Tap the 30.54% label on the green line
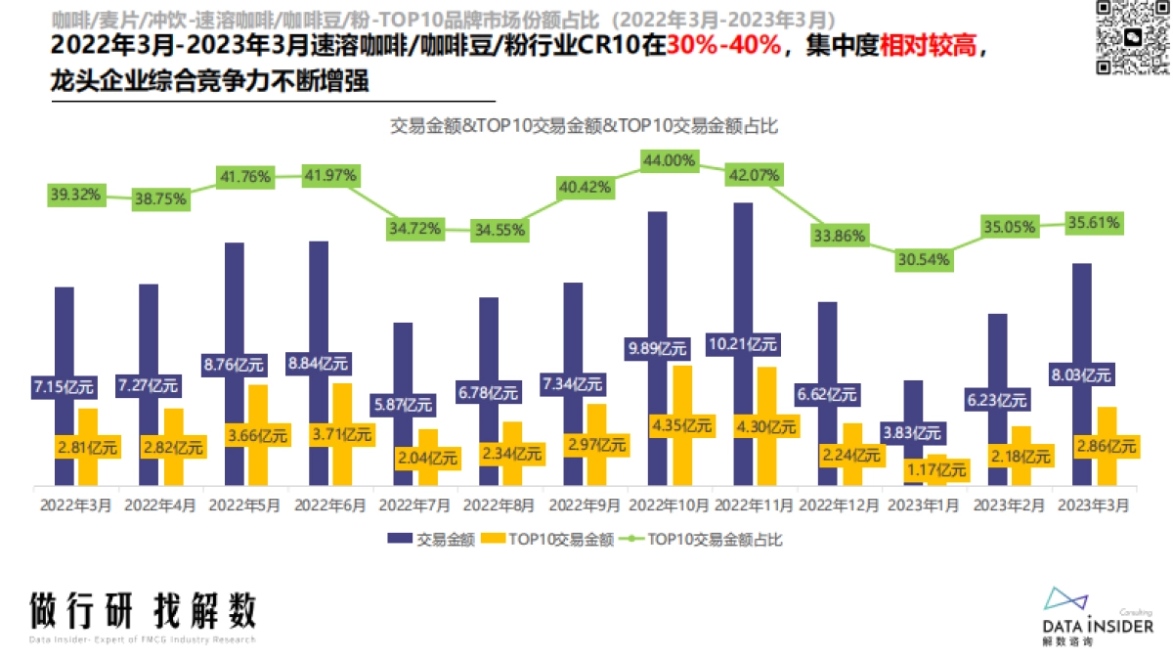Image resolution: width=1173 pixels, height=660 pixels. tap(924, 260)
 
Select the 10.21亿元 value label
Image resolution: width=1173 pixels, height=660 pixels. tap(743, 344)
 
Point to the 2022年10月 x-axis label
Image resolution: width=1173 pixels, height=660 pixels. tap(670, 506)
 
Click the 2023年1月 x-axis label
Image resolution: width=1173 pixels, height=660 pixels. tap(925, 506)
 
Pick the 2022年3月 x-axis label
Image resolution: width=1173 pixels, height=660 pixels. tap(75, 506)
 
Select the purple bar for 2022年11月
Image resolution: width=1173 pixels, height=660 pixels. tap(743, 274)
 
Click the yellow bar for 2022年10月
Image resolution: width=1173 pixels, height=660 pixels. tap(682, 391)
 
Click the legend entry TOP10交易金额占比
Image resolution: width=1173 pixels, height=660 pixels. tap(704, 539)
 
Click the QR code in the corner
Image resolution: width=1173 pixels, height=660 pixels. tap(1132, 37)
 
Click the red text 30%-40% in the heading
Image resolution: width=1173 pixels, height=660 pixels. tap(724, 47)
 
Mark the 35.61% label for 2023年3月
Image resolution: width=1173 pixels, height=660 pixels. tap(1093, 223)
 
